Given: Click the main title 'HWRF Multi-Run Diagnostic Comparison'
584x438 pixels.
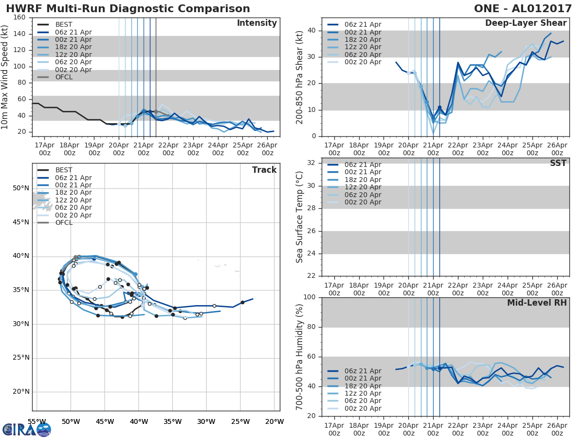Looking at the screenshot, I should point(128,9).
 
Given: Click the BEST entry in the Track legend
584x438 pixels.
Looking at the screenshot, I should point(64,170).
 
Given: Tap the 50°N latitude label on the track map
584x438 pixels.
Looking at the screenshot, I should point(21,188).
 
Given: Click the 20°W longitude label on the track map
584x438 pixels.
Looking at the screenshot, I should point(274,421).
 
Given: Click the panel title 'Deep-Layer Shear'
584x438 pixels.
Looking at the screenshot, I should point(526,23).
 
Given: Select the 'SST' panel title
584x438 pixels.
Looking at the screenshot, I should point(558,163).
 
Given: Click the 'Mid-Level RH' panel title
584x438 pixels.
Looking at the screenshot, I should point(537,303).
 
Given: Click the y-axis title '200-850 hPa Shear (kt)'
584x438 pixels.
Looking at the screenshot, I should point(300,77).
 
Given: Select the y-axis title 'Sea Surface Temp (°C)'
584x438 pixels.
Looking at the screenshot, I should point(300,217).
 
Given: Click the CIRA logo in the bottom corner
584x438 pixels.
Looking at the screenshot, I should point(27,429).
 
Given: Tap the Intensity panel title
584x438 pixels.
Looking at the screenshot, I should point(256,23).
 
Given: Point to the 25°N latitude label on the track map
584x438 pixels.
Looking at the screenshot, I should point(21,358).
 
